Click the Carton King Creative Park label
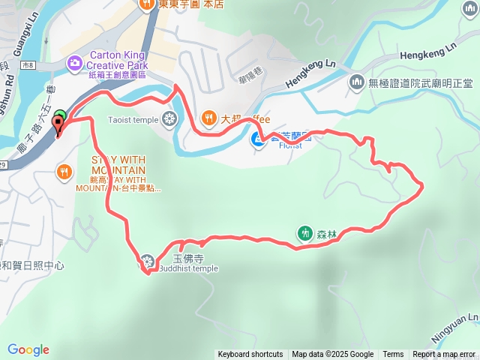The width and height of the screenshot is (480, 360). [119, 60]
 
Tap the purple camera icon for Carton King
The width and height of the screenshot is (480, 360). [75, 63]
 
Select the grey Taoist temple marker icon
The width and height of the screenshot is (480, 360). [170, 118]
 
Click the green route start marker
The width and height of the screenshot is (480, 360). [61, 116]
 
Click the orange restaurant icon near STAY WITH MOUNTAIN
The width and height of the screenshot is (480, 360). [65, 172]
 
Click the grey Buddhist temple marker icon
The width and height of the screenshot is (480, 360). [147, 262]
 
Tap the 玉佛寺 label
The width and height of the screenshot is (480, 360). [184, 258]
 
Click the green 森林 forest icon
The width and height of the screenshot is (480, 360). [304, 233]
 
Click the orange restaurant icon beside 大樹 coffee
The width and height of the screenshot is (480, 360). [208, 118]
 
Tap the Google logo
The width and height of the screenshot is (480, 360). [28, 349]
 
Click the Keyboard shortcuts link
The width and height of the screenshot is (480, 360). [250, 355]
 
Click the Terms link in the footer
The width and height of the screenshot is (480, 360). [393, 355]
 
